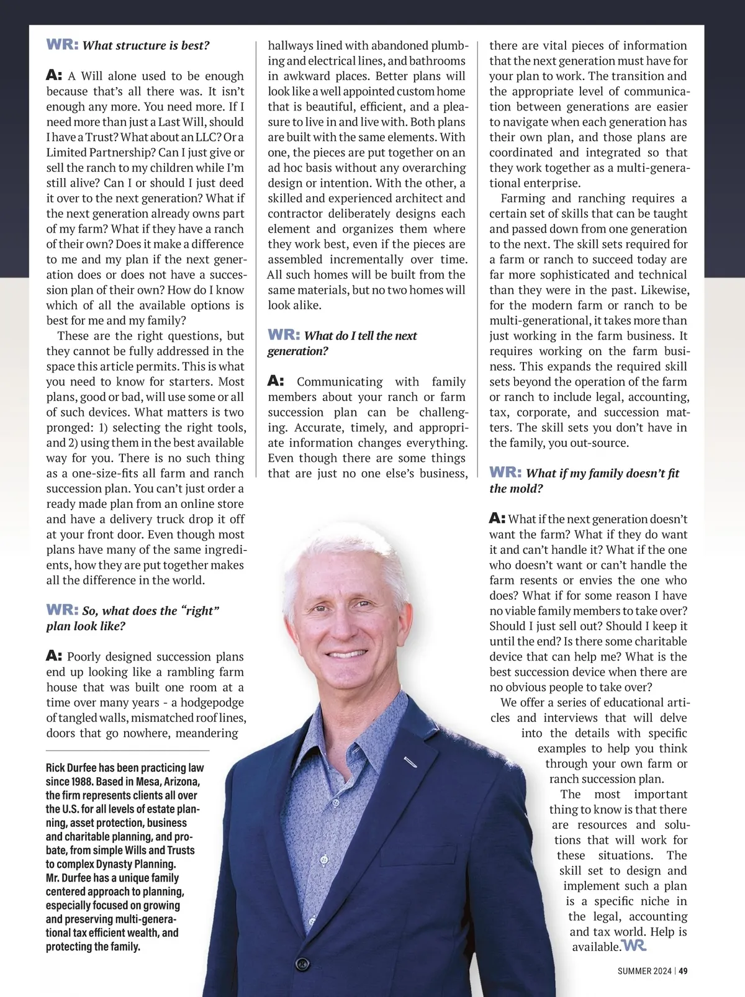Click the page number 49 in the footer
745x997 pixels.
click(x=683, y=971)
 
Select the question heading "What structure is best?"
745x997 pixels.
click(x=146, y=45)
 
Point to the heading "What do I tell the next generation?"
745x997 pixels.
click(x=342, y=343)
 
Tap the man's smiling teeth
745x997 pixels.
click(x=346, y=653)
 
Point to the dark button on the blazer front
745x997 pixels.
click(x=302, y=964)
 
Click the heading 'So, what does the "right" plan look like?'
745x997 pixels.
click(x=133, y=618)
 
